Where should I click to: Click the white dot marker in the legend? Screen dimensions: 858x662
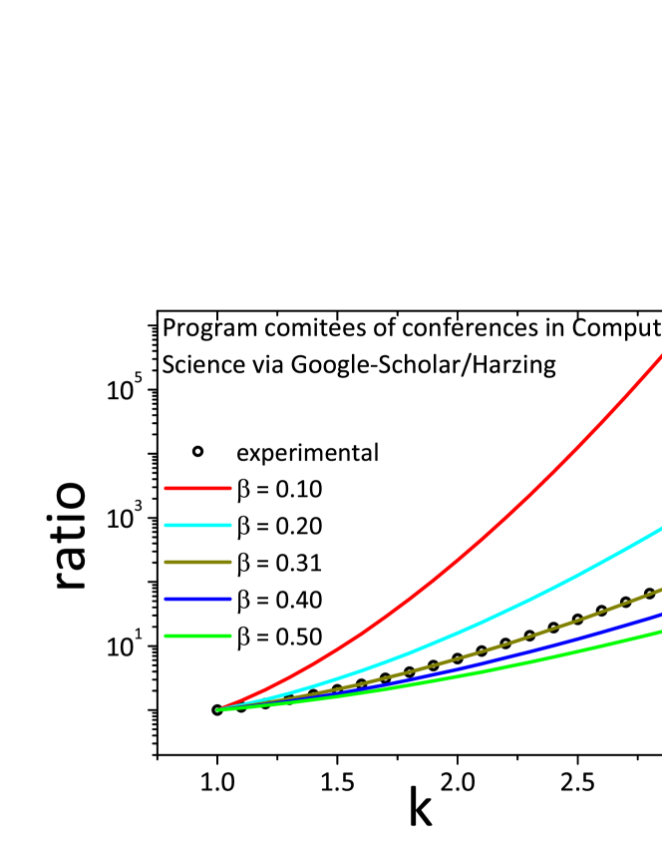[x=197, y=451]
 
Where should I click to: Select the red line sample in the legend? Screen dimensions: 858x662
[x=197, y=488]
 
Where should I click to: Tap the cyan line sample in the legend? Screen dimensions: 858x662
[x=197, y=525]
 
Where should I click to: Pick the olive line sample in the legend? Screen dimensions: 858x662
[x=197, y=562]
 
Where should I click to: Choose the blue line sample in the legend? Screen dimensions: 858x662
[x=197, y=599]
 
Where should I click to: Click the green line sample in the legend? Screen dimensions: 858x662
[x=197, y=636]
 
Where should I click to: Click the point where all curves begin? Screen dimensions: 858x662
[x=217, y=709]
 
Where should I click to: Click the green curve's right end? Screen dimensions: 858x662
[x=660, y=631]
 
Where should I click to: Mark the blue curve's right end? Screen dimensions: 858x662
[x=660, y=614]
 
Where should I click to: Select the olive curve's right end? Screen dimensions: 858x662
[x=660, y=590]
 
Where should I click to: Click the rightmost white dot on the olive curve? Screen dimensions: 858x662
[x=649, y=593]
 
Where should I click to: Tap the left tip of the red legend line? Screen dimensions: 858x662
[x=165, y=488]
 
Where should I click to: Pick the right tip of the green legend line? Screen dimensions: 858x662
[x=230, y=636]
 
